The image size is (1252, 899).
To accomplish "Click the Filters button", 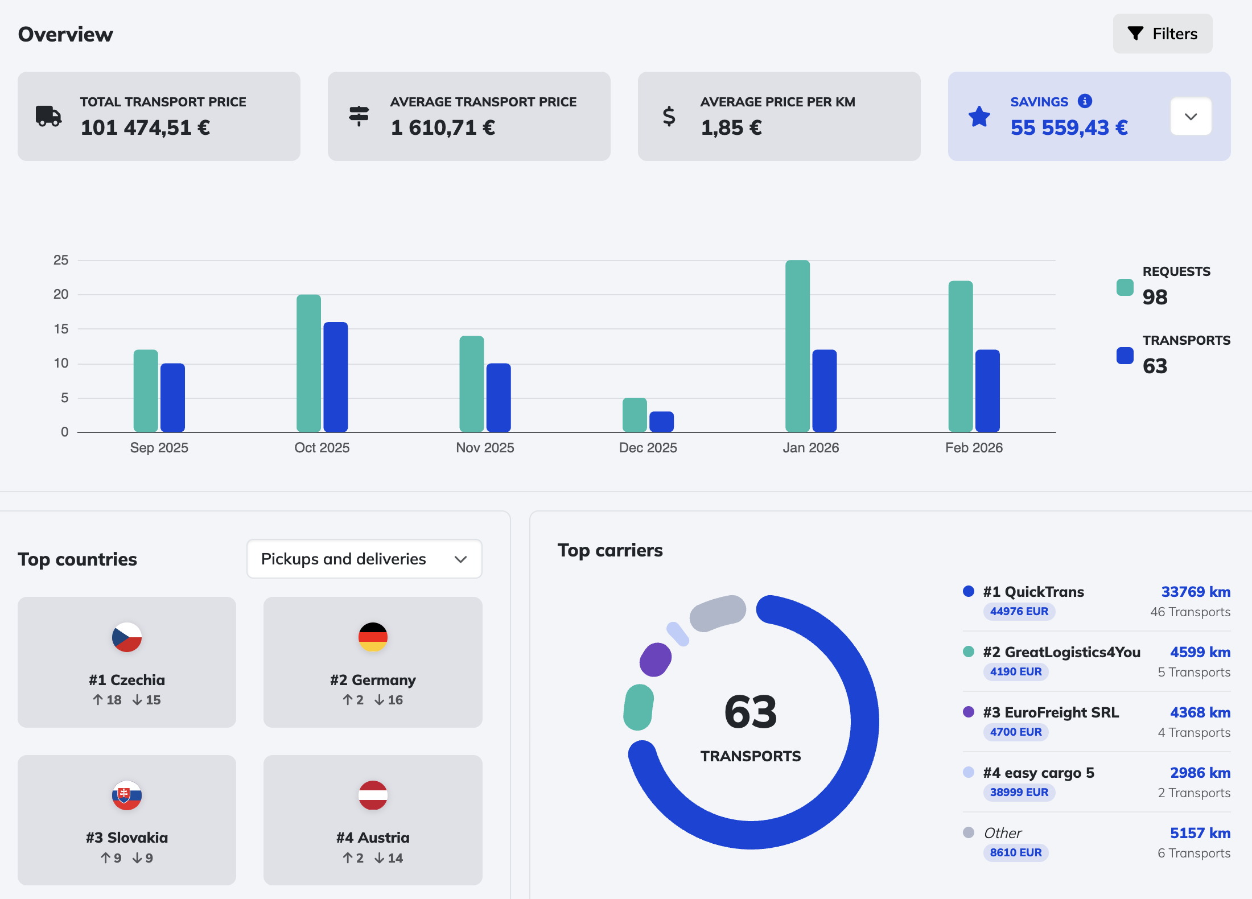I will [x=1162, y=34].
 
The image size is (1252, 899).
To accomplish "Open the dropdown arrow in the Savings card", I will [x=1191, y=117].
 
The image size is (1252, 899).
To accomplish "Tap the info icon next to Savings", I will [x=1085, y=101].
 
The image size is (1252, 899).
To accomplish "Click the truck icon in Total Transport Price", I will [x=48, y=116].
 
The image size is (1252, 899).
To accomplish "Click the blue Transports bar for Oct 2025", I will [x=336, y=377].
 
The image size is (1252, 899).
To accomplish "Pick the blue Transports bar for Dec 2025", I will [x=661, y=422].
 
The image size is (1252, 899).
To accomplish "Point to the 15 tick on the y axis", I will [x=61, y=329].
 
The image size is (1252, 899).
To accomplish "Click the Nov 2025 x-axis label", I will [x=485, y=448].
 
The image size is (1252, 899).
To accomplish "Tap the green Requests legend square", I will [x=1125, y=287].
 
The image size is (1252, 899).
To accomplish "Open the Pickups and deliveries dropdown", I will [x=364, y=559].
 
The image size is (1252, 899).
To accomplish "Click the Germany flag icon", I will [x=373, y=637].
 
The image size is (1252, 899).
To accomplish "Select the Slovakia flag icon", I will [x=126, y=795].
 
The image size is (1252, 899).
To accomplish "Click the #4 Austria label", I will [x=373, y=838].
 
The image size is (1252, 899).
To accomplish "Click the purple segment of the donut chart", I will [x=656, y=659].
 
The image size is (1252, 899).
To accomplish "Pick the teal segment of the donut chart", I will [x=639, y=707].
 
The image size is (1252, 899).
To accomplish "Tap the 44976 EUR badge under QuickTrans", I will [x=1019, y=612].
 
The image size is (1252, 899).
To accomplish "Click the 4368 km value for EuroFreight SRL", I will [x=1200, y=712].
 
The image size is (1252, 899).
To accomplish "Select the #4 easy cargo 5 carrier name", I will [x=1038, y=773].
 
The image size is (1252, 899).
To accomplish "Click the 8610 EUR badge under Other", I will [x=1015, y=852].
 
